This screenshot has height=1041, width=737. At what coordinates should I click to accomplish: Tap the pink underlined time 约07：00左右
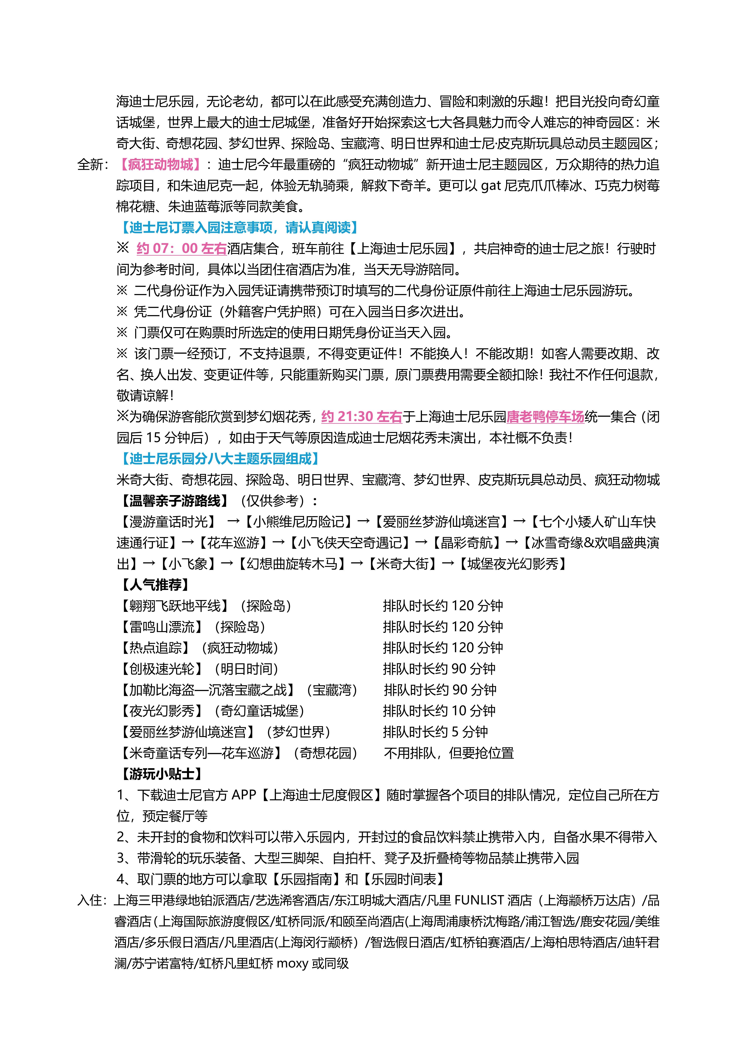[182, 249]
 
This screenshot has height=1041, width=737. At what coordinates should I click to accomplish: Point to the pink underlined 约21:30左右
[362, 417]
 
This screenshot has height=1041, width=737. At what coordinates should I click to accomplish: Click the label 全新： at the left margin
[93, 165]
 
